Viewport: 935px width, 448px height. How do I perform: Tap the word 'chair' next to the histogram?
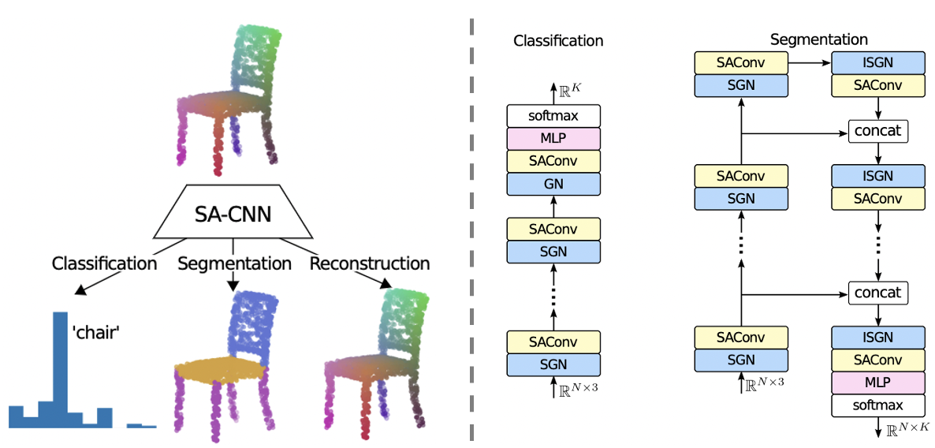point(95,333)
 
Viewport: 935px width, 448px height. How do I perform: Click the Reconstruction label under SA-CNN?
point(370,263)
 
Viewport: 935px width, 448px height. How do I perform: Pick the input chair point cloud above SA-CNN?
point(229,103)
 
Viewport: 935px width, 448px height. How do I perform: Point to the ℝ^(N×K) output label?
point(907,430)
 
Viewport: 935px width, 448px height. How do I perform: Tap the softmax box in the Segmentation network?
point(878,405)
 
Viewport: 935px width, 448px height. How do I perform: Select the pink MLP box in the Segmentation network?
point(878,383)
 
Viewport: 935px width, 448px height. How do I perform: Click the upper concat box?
point(878,131)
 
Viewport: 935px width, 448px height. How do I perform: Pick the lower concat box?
point(878,293)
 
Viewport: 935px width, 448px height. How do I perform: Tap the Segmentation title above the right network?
point(818,39)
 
